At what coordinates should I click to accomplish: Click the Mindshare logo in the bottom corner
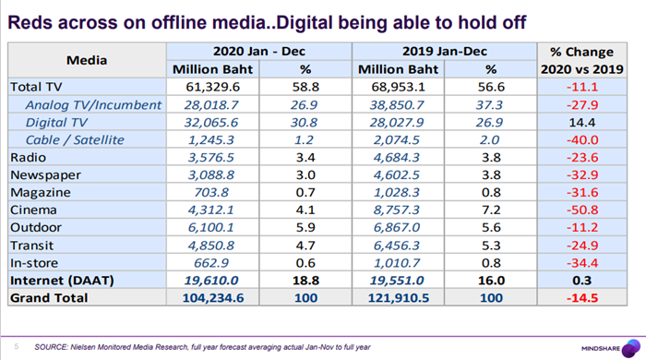611,348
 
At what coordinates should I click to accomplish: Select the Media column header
87,60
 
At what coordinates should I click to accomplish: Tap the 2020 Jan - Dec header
258,51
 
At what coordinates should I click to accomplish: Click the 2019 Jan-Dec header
445,51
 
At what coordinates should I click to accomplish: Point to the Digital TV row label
56,123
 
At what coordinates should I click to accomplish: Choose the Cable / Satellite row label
75,140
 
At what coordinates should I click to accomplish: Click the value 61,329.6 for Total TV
212,87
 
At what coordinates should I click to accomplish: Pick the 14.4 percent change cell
581,123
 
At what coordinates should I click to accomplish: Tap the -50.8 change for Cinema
581,210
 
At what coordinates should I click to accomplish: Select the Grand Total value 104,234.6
212,298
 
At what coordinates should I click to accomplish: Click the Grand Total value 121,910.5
398,298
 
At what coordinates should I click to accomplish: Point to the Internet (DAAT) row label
62,281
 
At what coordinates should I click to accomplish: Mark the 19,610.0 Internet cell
211,281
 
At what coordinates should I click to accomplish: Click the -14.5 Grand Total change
581,298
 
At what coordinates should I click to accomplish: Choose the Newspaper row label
45,175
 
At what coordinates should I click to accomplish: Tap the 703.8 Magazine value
211,192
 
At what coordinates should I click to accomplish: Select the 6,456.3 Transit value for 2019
396,246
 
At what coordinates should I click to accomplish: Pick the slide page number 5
17,346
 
